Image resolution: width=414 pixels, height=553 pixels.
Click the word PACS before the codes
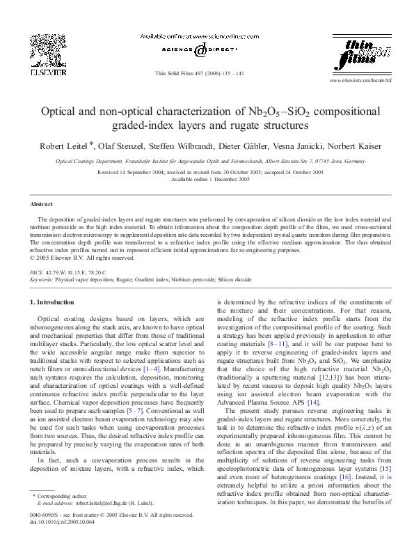(x=36, y=270)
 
